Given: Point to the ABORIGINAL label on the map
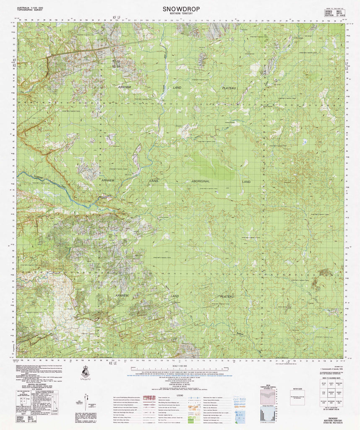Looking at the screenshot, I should (201, 181).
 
